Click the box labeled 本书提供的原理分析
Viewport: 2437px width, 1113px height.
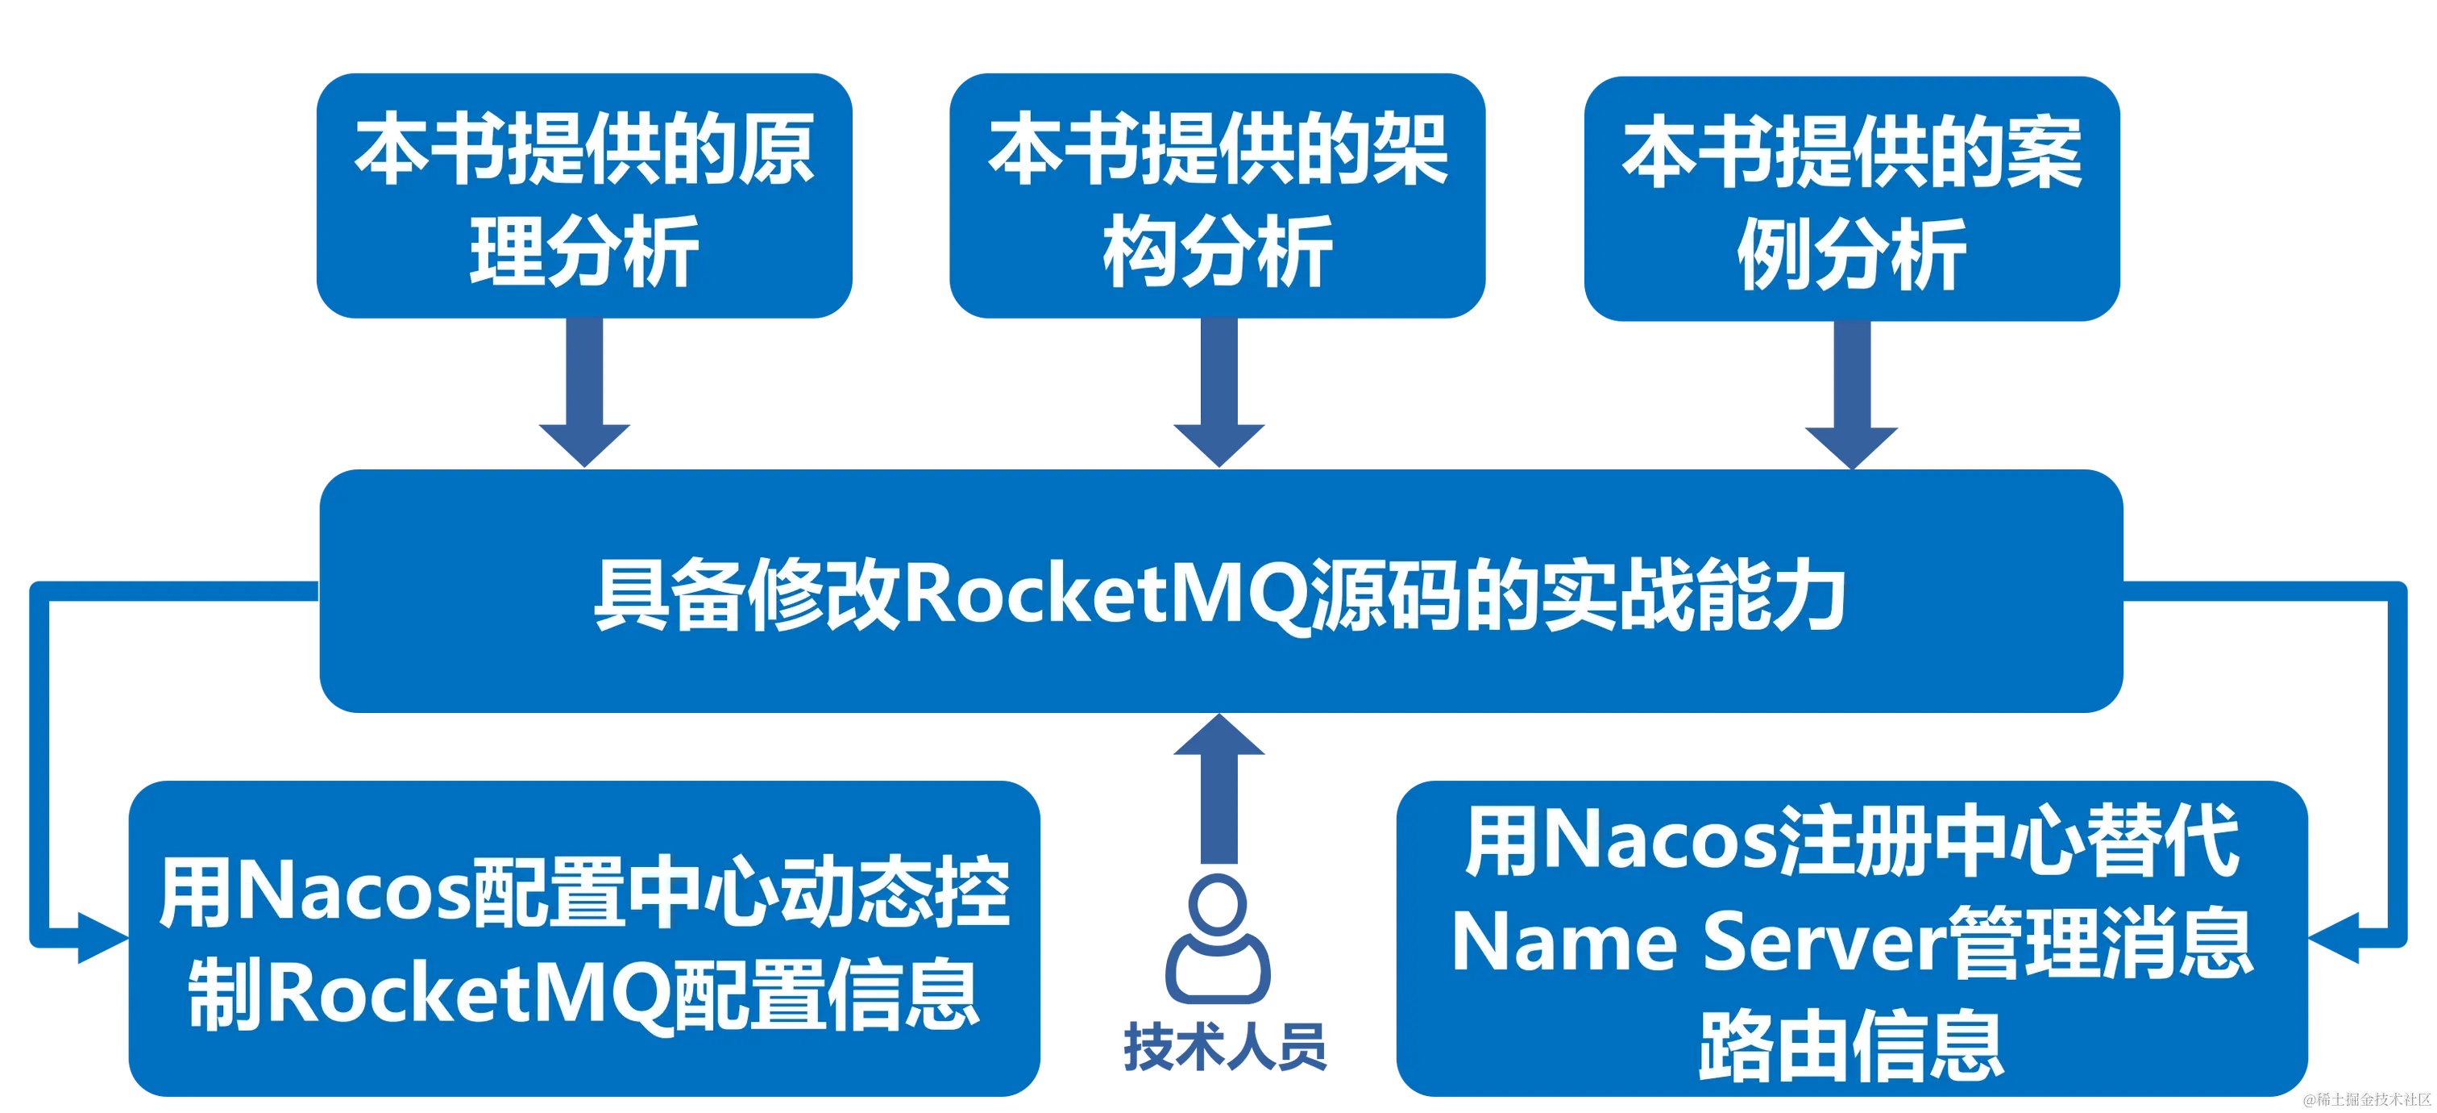[x=583, y=197]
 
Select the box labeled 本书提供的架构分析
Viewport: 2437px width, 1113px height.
[x=1218, y=197]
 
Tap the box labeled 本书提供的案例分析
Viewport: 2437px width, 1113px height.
[x=1851, y=198]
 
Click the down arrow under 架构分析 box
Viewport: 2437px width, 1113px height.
[x=1218, y=398]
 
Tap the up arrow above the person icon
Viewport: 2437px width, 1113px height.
[x=1218, y=786]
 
